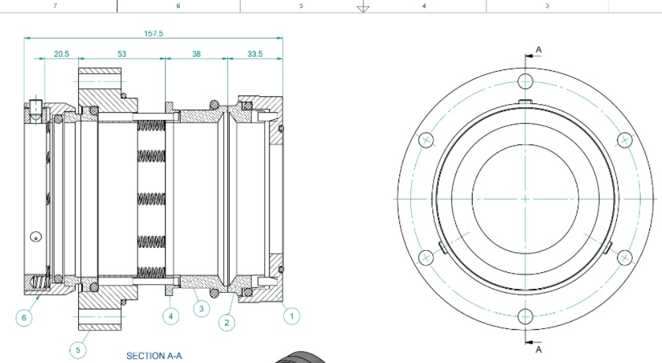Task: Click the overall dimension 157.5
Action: (154, 33)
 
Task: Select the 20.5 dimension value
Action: (61, 54)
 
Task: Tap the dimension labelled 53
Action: (122, 54)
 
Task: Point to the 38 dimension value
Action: (197, 54)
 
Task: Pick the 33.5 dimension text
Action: (255, 54)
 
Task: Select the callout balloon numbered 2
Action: (227, 323)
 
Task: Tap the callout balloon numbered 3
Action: (201, 309)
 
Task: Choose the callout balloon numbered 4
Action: (171, 316)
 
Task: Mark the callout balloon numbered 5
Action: (78, 349)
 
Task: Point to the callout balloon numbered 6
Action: (24, 318)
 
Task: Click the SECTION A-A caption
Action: (154, 356)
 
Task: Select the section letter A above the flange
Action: (539, 50)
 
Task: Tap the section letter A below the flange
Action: (539, 349)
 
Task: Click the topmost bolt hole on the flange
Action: (526, 81)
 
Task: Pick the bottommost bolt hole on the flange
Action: (526, 317)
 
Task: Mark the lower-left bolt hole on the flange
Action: (425, 258)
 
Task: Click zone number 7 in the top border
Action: (55, 6)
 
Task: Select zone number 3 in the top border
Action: (547, 6)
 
